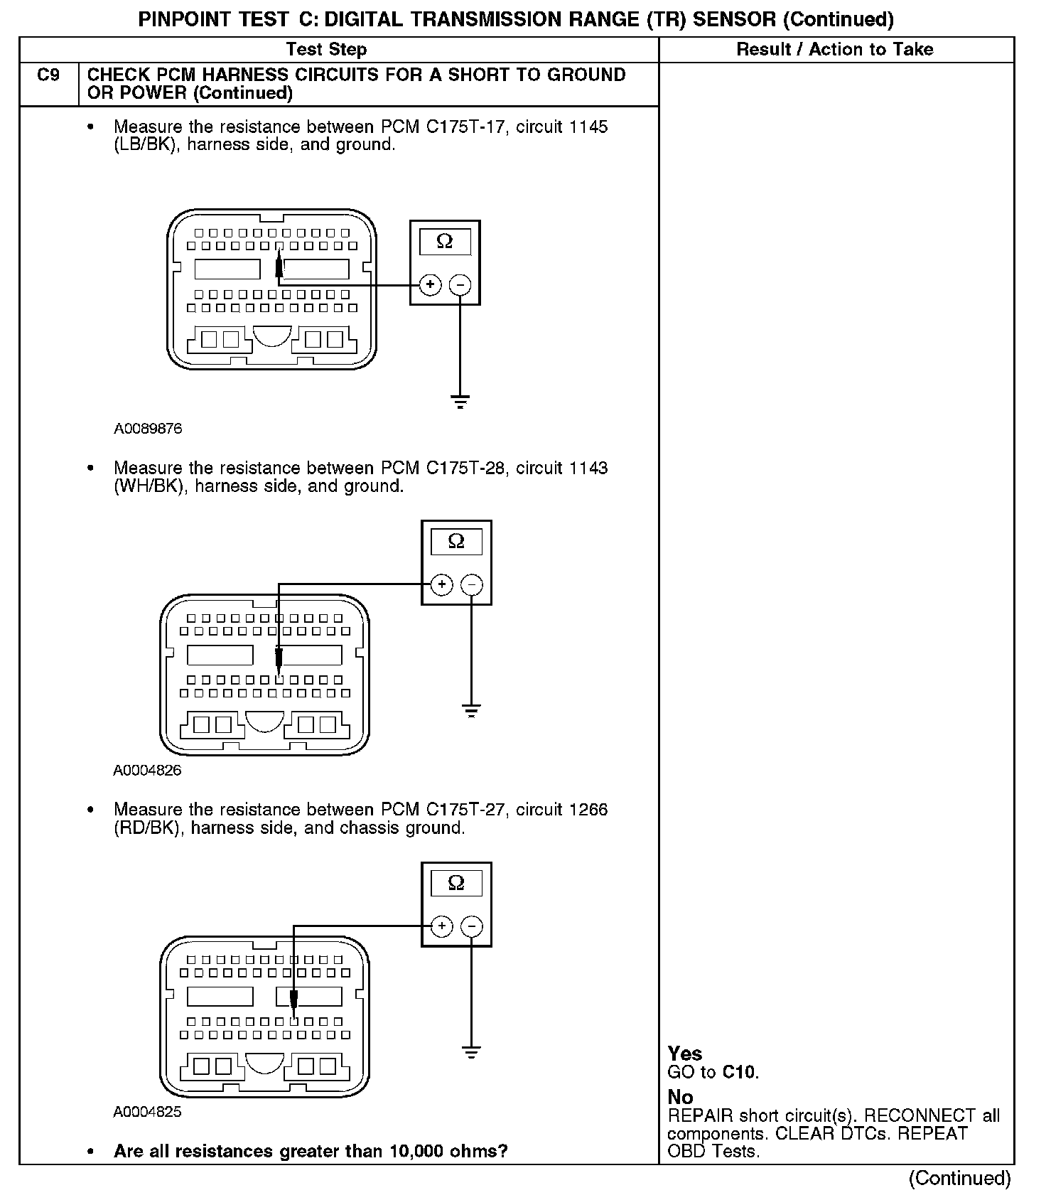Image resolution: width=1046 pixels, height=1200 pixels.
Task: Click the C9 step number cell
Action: (48, 75)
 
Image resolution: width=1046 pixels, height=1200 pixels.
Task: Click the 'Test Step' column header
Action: (326, 49)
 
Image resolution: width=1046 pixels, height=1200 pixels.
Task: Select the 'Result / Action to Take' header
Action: (835, 49)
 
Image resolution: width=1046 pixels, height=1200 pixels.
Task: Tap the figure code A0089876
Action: (148, 429)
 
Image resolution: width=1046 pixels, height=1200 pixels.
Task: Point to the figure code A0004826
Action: (147, 771)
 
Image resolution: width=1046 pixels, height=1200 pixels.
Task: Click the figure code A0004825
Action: (147, 1112)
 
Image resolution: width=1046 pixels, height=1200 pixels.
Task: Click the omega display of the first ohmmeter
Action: (445, 242)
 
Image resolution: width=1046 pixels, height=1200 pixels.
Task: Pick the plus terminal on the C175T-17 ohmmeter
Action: (430, 285)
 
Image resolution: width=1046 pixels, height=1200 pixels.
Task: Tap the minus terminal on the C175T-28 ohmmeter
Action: (471, 585)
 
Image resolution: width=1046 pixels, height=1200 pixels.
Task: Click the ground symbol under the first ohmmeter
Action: (460, 402)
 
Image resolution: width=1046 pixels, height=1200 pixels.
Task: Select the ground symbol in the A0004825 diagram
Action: (470, 1052)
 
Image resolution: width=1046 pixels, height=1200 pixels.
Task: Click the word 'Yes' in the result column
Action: (685, 1054)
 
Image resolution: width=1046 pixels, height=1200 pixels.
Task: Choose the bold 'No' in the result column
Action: (680, 1097)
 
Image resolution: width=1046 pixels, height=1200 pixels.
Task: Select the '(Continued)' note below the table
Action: (959, 1178)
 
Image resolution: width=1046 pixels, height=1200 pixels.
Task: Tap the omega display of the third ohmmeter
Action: (456, 884)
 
